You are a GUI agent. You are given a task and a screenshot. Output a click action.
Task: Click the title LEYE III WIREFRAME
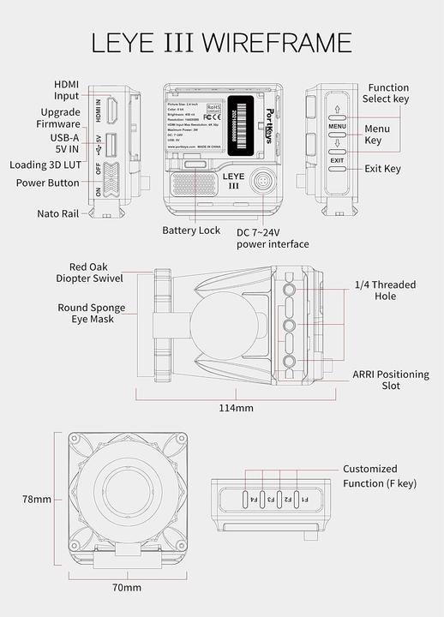click(222, 42)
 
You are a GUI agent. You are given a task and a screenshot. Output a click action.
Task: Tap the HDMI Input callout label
click(66, 91)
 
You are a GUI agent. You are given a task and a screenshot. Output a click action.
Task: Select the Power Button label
click(47, 183)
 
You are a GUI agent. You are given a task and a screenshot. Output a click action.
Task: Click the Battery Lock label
click(191, 231)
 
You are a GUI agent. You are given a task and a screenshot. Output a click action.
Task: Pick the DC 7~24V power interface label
click(273, 237)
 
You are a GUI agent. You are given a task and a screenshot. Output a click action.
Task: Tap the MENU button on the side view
click(337, 127)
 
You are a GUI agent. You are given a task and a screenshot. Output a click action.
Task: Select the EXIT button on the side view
click(337, 160)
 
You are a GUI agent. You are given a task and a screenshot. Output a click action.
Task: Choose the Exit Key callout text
click(382, 169)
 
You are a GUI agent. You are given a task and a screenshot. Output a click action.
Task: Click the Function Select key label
click(388, 93)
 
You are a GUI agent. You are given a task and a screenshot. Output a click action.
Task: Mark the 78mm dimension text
click(37, 499)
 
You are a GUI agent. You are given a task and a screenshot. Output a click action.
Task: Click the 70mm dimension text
click(127, 587)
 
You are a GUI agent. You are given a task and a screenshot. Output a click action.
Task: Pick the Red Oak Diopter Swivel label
click(89, 273)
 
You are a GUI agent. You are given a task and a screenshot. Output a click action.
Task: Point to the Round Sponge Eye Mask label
click(91, 313)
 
